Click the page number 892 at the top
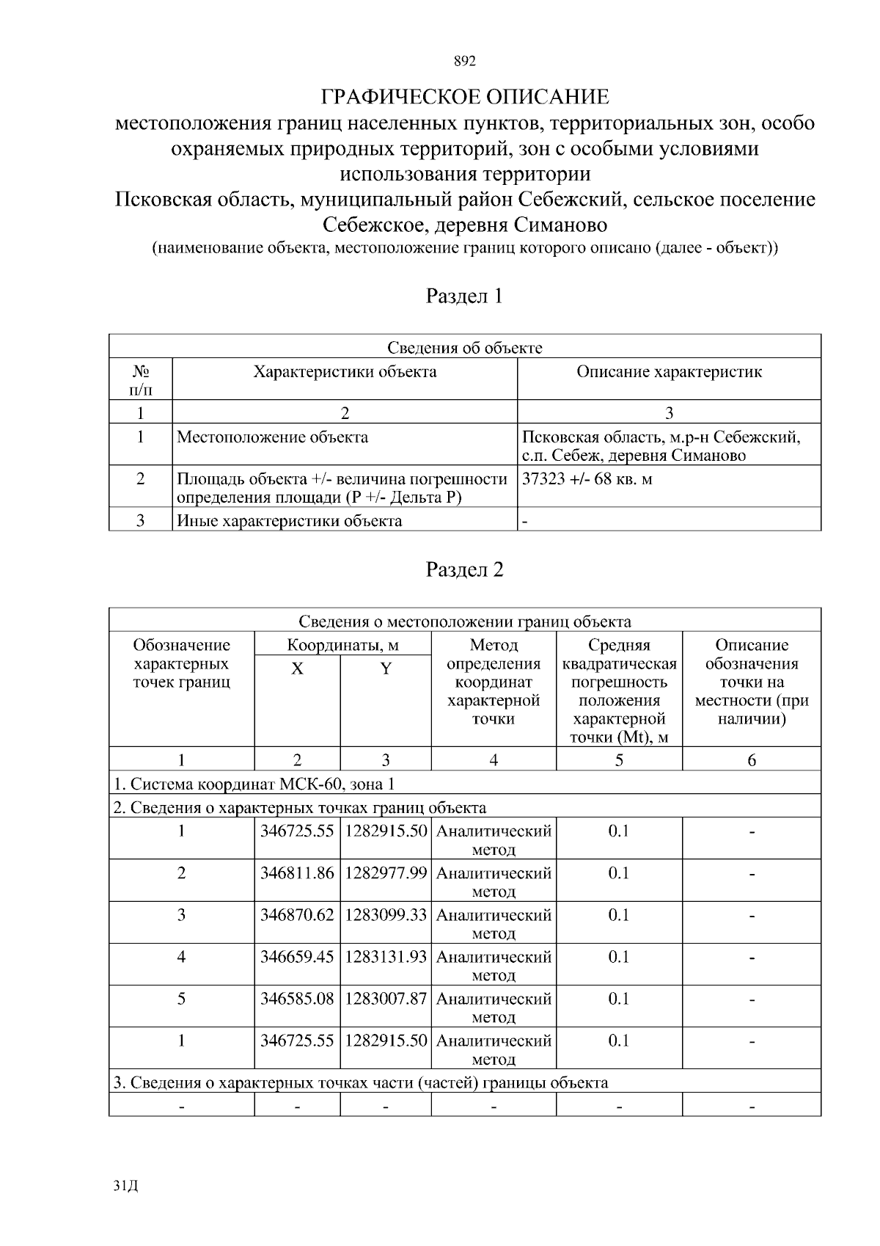(464, 62)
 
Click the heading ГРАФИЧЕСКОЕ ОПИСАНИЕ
(465, 97)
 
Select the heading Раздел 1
(464, 296)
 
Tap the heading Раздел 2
(464, 570)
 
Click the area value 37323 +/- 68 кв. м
(587, 479)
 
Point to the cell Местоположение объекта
(273, 437)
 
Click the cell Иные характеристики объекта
(290, 521)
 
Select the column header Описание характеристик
(669, 372)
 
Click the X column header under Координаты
(297, 669)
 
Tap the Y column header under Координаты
(386, 669)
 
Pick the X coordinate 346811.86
(297, 873)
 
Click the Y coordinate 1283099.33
(386, 915)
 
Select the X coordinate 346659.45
(297, 957)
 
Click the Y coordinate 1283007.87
(386, 999)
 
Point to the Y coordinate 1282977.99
(386, 873)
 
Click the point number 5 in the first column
(181, 999)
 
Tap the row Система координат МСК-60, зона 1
(254, 784)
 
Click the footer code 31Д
(126, 1186)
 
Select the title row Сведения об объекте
(464, 348)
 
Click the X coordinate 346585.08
(297, 999)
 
